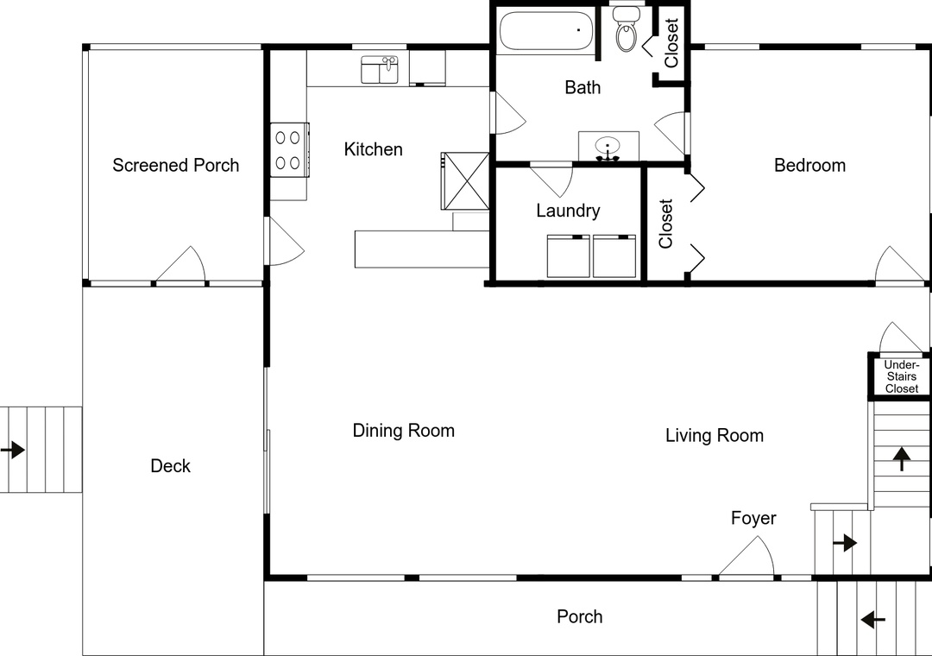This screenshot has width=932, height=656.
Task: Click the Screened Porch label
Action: [175, 165]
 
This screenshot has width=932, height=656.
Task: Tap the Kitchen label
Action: [374, 148]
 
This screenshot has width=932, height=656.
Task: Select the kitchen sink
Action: [380, 70]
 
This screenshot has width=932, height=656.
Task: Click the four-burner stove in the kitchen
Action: [290, 150]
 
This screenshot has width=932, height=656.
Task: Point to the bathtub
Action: [546, 30]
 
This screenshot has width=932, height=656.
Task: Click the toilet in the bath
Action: [626, 29]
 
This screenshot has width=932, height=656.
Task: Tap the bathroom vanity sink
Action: [608, 147]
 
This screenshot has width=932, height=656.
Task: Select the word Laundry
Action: [568, 211]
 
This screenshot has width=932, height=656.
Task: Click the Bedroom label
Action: [809, 165]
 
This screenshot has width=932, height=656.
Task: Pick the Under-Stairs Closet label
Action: [902, 376]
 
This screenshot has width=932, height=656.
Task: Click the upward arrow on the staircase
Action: [903, 458]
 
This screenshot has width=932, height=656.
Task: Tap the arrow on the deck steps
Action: [12, 450]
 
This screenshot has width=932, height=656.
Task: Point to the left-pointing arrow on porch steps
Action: [873, 620]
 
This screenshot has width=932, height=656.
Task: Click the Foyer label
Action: [753, 518]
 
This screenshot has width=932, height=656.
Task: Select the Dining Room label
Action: [404, 430]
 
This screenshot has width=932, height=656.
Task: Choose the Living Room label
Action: [715, 435]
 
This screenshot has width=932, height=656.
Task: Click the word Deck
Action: [171, 466]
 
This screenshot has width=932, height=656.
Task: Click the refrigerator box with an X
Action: [465, 180]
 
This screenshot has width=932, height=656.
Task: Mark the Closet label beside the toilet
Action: [671, 43]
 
